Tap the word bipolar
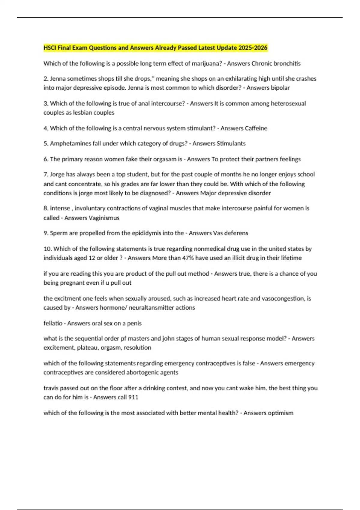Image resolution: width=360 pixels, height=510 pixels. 280,88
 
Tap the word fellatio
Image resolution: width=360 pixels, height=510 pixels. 53,323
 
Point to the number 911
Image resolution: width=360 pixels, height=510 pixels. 133,397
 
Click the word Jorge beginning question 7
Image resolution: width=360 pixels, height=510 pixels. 57,174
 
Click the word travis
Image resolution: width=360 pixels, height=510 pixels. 51,388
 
